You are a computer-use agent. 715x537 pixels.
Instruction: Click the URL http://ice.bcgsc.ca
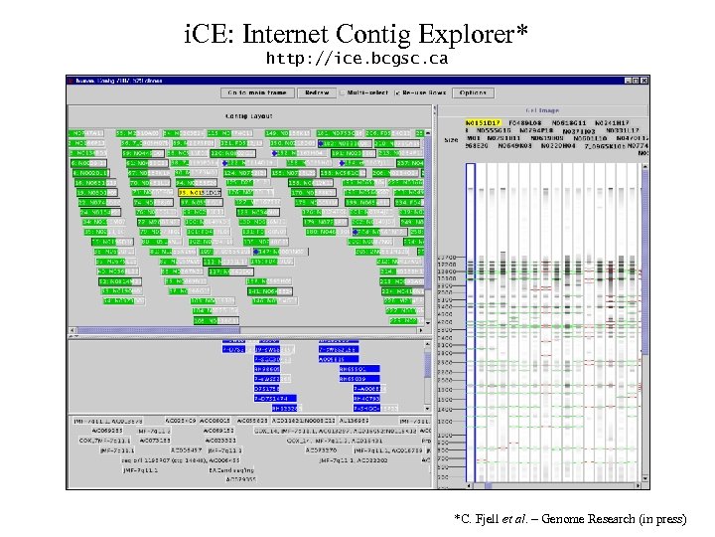pyautogui.click(x=357, y=60)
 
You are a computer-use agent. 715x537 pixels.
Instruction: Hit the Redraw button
pyautogui.click(x=317, y=92)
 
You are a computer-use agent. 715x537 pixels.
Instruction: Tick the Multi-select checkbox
pyautogui.click(x=344, y=92)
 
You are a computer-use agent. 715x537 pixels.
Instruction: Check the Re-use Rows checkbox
pyautogui.click(x=397, y=92)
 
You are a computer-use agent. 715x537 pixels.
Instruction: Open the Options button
pyautogui.click(x=473, y=92)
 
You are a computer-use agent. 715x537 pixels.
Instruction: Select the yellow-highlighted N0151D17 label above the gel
pyautogui.click(x=484, y=122)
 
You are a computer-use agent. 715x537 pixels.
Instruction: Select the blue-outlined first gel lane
pyautogui.click(x=472, y=318)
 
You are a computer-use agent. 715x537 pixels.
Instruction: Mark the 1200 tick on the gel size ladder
pyautogui.click(x=447, y=422)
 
